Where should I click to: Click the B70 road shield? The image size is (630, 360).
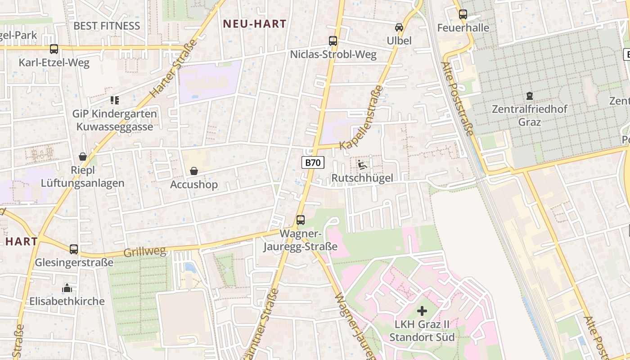pyautogui.click(x=313, y=162)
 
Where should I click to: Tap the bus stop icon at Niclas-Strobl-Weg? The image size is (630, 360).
pyautogui.click(x=333, y=41)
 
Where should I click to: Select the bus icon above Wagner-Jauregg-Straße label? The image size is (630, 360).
pyautogui.click(x=301, y=220)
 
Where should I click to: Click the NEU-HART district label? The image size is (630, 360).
pyautogui.click(x=255, y=24)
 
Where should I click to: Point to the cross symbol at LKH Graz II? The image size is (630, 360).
pyautogui.click(x=422, y=310)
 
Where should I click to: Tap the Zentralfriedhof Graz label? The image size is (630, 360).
pyautogui.click(x=530, y=115)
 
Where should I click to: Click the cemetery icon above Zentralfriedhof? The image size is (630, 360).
pyautogui.click(x=530, y=95)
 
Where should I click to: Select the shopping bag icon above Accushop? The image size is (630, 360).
pyautogui.click(x=194, y=171)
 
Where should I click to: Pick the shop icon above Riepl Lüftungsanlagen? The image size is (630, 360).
pyautogui.click(x=83, y=157)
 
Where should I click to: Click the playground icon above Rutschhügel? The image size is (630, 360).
pyautogui.click(x=362, y=165)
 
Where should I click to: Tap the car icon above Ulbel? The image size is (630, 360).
pyautogui.click(x=399, y=27)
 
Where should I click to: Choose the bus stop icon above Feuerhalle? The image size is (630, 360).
pyautogui.click(x=463, y=14)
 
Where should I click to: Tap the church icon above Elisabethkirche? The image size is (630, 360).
pyautogui.click(x=67, y=288)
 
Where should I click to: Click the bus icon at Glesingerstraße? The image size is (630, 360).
pyautogui.click(x=74, y=249)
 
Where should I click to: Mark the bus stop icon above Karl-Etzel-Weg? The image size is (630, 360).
pyautogui.click(x=54, y=49)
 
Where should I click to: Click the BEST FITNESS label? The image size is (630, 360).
pyautogui.click(x=107, y=26)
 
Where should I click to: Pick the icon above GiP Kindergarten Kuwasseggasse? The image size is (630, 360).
pyautogui.click(x=115, y=100)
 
